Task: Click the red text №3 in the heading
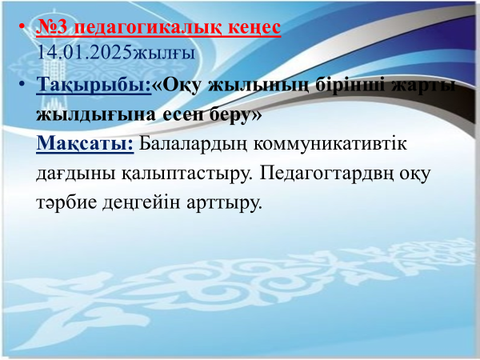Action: [51, 27]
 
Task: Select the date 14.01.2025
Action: [84, 52]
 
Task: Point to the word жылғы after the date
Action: [163, 54]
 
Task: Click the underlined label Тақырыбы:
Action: [94, 84]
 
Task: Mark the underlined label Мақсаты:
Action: [85, 143]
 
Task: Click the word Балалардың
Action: [193, 144]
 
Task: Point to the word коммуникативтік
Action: [330, 144]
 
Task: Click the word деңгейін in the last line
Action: [141, 202]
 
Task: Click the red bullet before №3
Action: [22, 26]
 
